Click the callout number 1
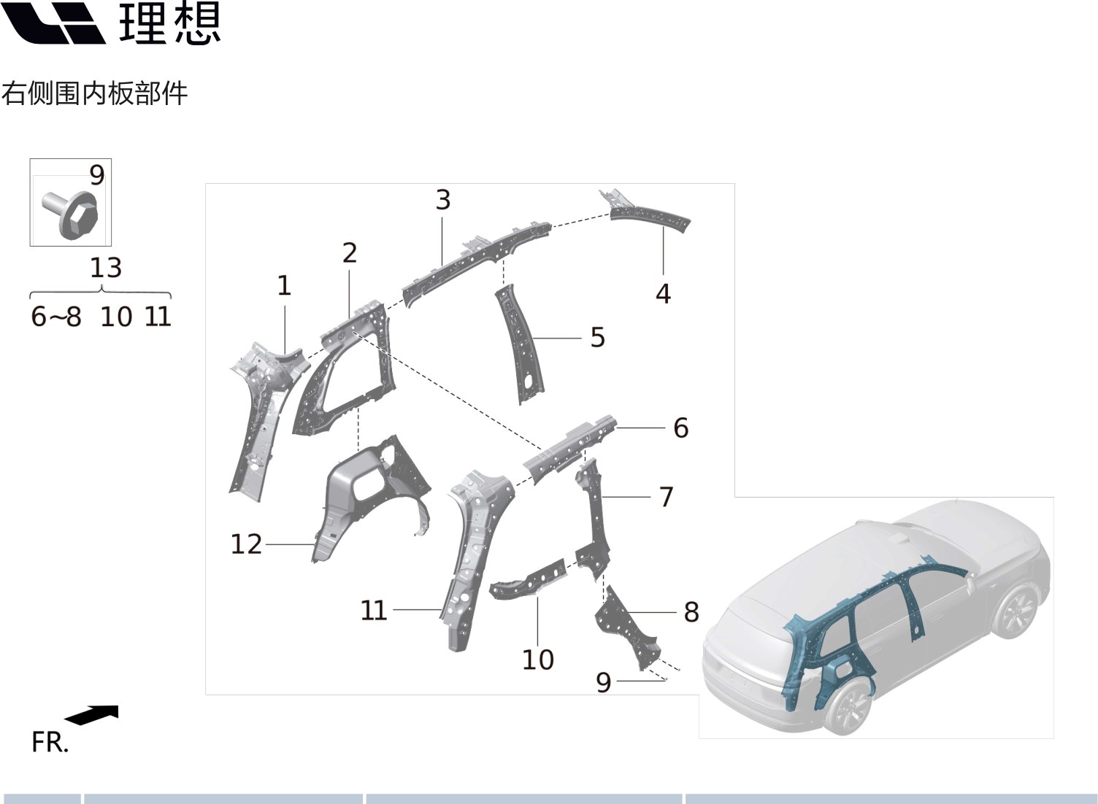(284, 285)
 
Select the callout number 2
(349, 253)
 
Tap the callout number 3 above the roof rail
(442, 200)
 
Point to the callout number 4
(662, 293)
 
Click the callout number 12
(246, 544)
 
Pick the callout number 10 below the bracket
(537, 660)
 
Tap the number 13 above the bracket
(105, 268)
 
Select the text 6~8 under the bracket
(56, 317)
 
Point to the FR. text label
(50, 742)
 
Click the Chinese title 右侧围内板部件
(94, 93)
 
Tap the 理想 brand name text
(169, 23)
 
